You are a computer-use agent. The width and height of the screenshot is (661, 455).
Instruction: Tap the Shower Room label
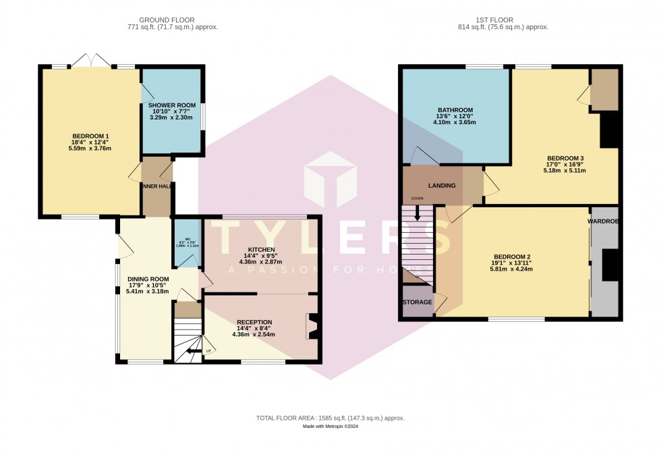[171, 105]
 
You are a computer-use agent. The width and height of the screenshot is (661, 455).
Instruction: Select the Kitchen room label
[260, 250]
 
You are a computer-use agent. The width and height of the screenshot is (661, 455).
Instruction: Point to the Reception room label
[254, 322]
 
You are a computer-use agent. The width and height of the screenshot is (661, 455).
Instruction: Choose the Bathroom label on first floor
[455, 110]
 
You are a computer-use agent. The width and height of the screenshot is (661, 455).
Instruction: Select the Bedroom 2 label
[512, 257]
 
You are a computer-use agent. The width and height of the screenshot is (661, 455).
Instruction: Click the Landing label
[442, 186]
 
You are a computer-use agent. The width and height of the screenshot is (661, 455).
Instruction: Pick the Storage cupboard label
[417, 302]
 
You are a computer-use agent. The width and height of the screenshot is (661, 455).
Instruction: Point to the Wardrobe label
[603, 221]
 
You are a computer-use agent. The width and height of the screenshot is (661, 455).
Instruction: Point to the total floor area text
[330, 419]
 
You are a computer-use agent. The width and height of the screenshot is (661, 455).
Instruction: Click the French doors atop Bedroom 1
[91, 60]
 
